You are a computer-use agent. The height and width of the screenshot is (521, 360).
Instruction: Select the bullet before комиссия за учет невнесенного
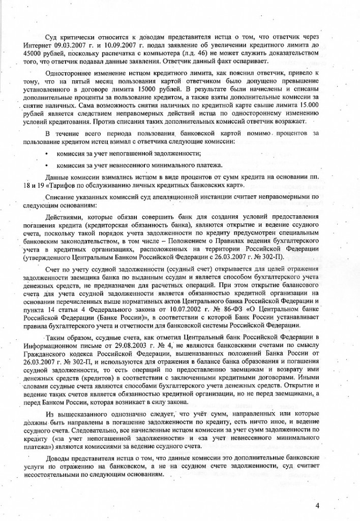coord(47,164)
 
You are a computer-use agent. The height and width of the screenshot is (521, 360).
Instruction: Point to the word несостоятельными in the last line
coord(53,468)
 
